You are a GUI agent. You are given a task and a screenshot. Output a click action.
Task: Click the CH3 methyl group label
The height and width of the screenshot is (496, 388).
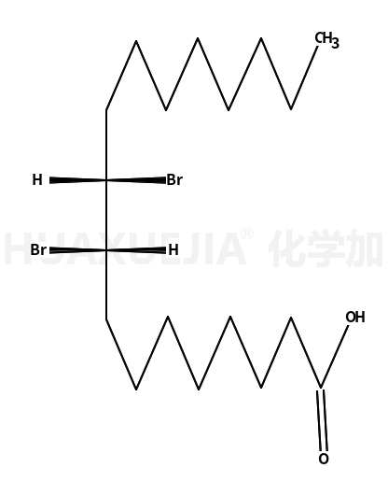[x=326, y=40]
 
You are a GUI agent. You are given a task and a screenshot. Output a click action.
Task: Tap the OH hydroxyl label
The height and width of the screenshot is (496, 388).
[x=355, y=317]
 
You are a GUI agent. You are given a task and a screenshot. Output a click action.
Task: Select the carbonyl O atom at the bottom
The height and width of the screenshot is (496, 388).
[x=324, y=459]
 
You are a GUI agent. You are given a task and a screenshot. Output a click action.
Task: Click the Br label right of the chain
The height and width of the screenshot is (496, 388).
[x=174, y=180]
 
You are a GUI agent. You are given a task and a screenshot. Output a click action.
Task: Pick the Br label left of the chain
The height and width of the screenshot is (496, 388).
[x=38, y=250]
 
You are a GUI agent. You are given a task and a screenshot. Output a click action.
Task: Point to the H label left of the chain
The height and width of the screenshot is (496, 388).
[x=37, y=180]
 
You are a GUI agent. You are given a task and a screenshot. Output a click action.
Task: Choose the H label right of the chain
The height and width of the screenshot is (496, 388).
[x=173, y=250]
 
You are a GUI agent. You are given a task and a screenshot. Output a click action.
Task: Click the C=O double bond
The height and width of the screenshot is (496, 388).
[x=323, y=419]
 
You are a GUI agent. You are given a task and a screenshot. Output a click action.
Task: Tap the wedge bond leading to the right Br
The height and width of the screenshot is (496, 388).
[x=136, y=180]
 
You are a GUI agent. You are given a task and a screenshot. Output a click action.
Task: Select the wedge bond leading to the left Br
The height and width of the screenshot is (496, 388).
[x=77, y=250]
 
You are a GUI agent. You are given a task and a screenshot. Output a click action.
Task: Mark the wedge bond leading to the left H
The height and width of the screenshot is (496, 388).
[x=77, y=180]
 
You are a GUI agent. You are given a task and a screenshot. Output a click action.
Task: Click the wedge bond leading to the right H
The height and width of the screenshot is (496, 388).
[x=136, y=250]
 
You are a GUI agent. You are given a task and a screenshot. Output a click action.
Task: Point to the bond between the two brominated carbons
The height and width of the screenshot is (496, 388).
[x=106, y=215]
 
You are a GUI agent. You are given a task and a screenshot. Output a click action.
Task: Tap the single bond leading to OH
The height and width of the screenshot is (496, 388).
[x=335, y=356]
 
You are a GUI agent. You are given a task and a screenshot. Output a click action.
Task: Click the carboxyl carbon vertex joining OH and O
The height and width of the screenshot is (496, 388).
[x=321, y=388]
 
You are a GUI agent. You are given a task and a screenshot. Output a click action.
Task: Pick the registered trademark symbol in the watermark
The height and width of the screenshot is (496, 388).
[x=247, y=234]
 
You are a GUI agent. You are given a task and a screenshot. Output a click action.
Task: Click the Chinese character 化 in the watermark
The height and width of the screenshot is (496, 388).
[x=285, y=248]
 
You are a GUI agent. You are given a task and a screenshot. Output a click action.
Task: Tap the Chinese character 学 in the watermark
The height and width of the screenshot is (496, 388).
[x=325, y=248]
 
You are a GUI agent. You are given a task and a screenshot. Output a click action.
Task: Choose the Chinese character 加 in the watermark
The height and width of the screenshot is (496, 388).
[x=364, y=248]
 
